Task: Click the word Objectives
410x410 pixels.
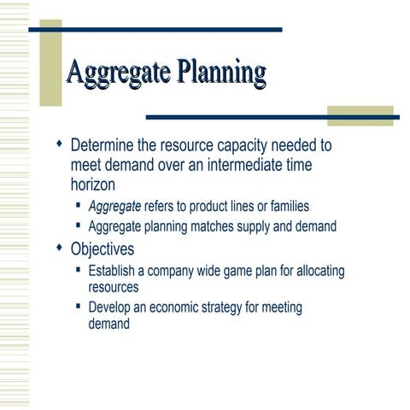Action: pyautogui.click(x=102, y=249)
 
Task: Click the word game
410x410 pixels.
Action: pyautogui.click(x=237, y=271)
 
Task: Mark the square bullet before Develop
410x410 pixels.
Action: pyautogui.click(x=79, y=306)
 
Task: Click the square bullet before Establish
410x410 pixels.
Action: pyautogui.click(x=79, y=270)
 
